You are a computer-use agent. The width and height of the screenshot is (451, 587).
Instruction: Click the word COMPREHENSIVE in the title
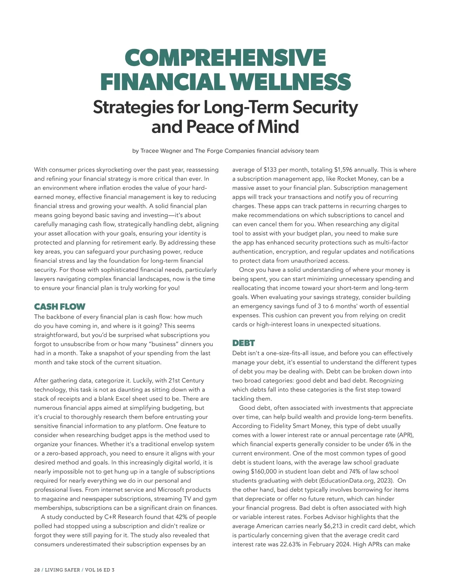coord(225,57)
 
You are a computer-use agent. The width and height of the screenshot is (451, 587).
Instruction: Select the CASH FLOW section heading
coord(59,307)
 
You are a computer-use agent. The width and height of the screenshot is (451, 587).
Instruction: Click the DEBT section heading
coord(243,343)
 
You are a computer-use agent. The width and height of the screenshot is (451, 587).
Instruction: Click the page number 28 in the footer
coord(37,570)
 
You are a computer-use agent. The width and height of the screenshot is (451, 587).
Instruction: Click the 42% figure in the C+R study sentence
coord(182,517)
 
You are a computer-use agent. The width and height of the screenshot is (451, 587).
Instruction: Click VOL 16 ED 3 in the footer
coord(100,570)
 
